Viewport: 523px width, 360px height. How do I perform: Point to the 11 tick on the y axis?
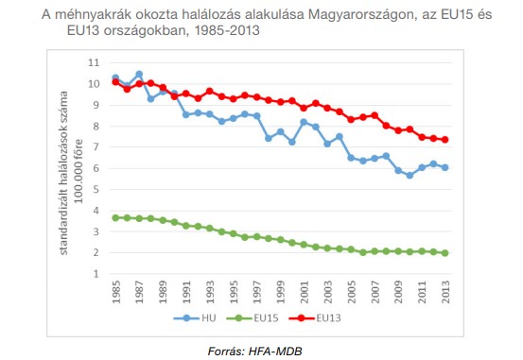[x=93, y=62]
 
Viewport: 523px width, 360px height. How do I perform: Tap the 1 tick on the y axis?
[x=94, y=273]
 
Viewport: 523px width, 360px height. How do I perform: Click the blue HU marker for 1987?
[x=139, y=74]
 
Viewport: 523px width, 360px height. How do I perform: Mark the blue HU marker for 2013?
[x=445, y=167]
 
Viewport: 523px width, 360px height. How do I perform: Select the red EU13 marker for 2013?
[x=445, y=139]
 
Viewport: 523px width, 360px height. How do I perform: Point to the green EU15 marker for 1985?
[x=115, y=217]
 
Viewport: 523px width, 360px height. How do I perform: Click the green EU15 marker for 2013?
[x=445, y=252]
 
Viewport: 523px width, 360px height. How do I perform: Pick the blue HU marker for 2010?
[x=410, y=175]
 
